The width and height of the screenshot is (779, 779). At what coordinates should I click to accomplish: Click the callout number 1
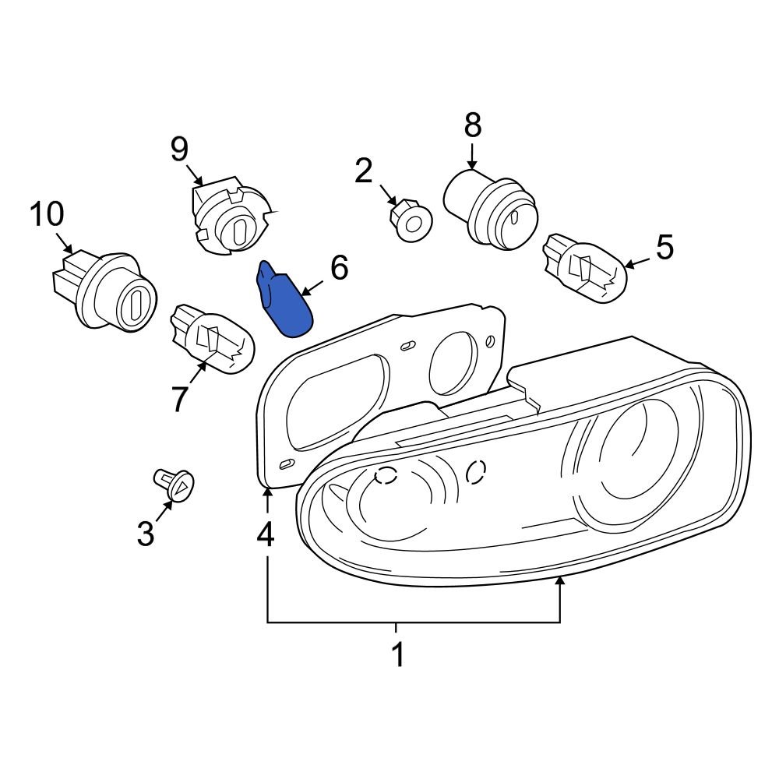click(x=397, y=655)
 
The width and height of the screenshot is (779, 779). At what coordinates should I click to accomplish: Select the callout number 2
click(x=364, y=171)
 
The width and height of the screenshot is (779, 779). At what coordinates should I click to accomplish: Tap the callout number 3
click(x=146, y=534)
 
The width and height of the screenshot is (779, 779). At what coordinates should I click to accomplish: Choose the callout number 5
click(x=664, y=248)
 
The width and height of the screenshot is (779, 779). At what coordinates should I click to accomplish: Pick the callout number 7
click(x=180, y=399)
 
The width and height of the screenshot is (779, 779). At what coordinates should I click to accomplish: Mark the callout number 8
click(x=473, y=125)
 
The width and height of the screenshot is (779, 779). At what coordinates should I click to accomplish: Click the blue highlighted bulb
click(x=286, y=301)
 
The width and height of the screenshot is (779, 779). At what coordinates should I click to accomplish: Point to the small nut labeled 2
click(x=410, y=219)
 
